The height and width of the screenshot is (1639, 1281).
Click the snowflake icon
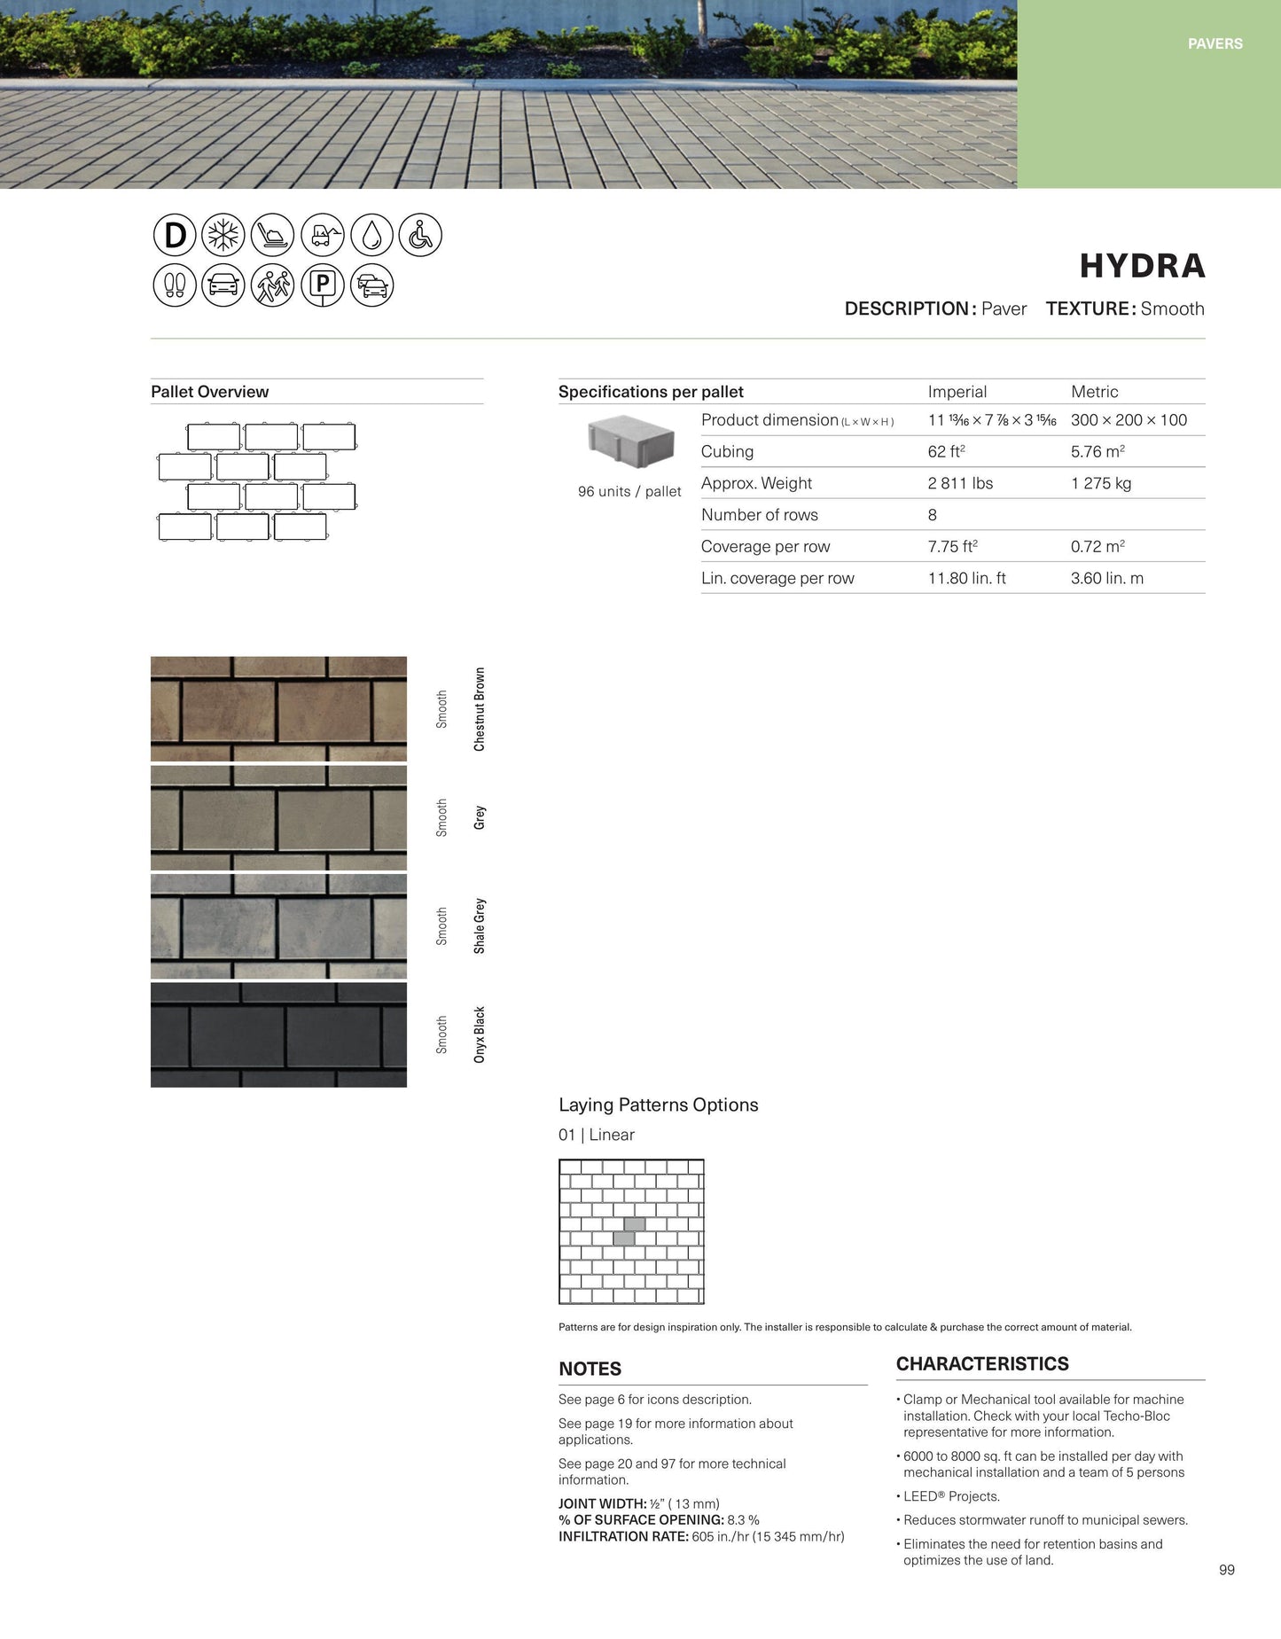pyautogui.click(x=223, y=236)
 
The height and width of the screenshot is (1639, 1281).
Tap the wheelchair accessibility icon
pyautogui.click(x=420, y=236)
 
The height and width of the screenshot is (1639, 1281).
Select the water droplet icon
pyautogui.click(x=371, y=236)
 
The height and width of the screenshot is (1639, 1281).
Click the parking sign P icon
pyautogui.click(x=323, y=285)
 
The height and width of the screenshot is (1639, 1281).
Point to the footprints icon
pyautogui.click(x=175, y=285)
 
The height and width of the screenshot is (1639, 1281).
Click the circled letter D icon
pyautogui.click(x=175, y=236)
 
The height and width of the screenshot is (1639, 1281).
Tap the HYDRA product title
pyautogui.click(x=1142, y=266)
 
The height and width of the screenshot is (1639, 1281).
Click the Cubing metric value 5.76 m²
pyautogui.click(x=1097, y=451)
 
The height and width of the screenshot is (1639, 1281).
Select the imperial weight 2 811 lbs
pyautogui.click(x=960, y=483)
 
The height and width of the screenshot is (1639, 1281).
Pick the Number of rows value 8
pyautogui.click(x=933, y=515)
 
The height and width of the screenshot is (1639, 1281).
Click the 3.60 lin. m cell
pyautogui.click(x=1106, y=578)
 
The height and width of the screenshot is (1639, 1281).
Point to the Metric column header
pyautogui.click(x=1094, y=392)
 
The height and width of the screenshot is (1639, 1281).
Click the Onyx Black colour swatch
pyautogui.click(x=278, y=1034)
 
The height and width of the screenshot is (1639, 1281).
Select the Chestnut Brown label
pyautogui.click(x=480, y=709)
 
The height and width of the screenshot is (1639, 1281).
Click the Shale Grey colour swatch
pyautogui.click(x=278, y=926)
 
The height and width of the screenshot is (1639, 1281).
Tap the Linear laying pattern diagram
pyautogui.click(x=631, y=1231)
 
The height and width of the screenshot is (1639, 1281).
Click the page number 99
pyautogui.click(x=1226, y=1570)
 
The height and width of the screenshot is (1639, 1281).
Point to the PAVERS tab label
pyautogui.click(x=1215, y=43)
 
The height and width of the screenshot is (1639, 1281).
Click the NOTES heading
pyautogui.click(x=590, y=1369)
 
